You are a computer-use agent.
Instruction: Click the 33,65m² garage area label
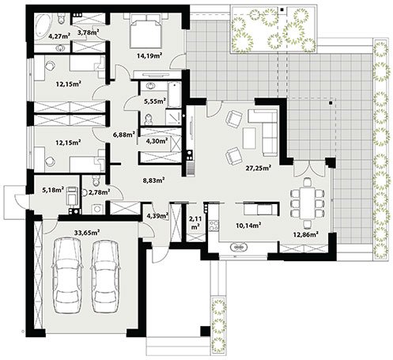pyautogui.click(x=87, y=233)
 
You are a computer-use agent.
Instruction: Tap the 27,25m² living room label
pyautogui.click(x=259, y=168)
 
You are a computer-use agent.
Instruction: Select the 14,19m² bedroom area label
pyautogui.click(x=149, y=55)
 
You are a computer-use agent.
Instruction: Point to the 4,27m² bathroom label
pyautogui.click(x=59, y=36)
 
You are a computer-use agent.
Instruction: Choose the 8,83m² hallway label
pyautogui.click(x=154, y=180)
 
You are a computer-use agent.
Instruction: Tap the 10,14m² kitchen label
pyautogui.click(x=248, y=225)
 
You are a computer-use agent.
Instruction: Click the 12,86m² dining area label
pyautogui.click(x=306, y=234)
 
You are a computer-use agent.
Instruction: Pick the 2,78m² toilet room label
pyautogui.click(x=99, y=192)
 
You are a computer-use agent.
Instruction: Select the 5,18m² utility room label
pyautogui.click(x=53, y=189)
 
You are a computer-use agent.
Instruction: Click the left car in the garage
pyautogui.click(x=68, y=275)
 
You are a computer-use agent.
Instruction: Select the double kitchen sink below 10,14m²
pyautogui.click(x=239, y=248)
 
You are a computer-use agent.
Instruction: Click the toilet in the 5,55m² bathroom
pyautogui.click(x=149, y=119)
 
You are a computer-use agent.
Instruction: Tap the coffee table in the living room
pyautogui.click(x=249, y=138)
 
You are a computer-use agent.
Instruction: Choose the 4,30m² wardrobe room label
pyautogui.click(x=157, y=141)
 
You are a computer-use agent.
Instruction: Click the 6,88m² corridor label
pyautogui.click(x=124, y=135)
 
